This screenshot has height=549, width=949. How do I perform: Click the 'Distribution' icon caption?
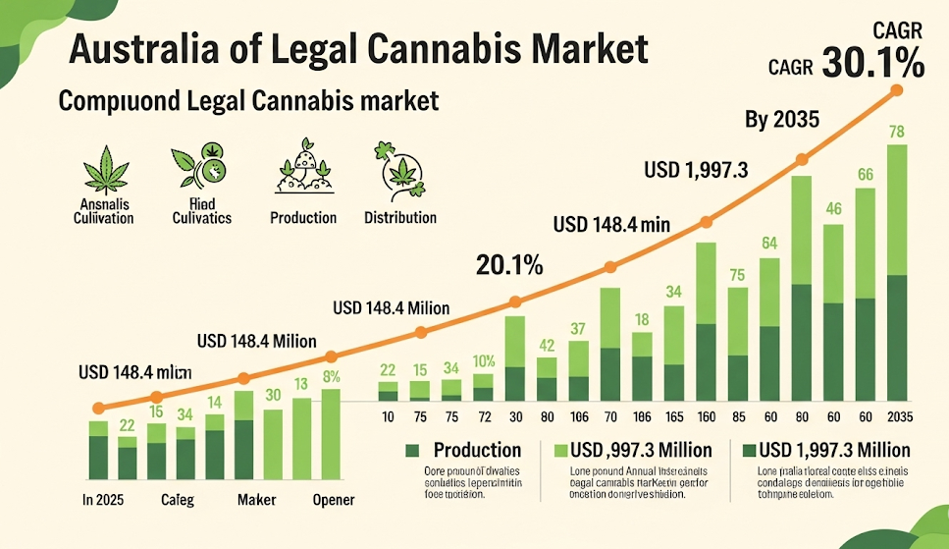click(x=399, y=217)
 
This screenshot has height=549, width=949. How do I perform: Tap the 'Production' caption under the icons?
click(x=303, y=217)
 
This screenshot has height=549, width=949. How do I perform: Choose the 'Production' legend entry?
click(x=477, y=450)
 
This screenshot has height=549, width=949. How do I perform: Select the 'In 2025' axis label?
click(x=102, y=500)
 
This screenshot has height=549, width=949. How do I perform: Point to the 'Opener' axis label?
click(x=332, y=500)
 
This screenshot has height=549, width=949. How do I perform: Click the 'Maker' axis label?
click(x=256, y=500)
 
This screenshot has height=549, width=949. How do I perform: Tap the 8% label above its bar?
click(x=331, y=376)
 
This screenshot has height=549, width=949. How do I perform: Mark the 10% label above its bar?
click(x=483, y=360)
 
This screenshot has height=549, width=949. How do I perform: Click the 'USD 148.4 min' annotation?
click(x=611, y=224)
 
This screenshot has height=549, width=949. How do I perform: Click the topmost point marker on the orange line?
click(x=895, y=90)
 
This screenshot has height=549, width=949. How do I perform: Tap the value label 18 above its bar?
click(x=642, y=319)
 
